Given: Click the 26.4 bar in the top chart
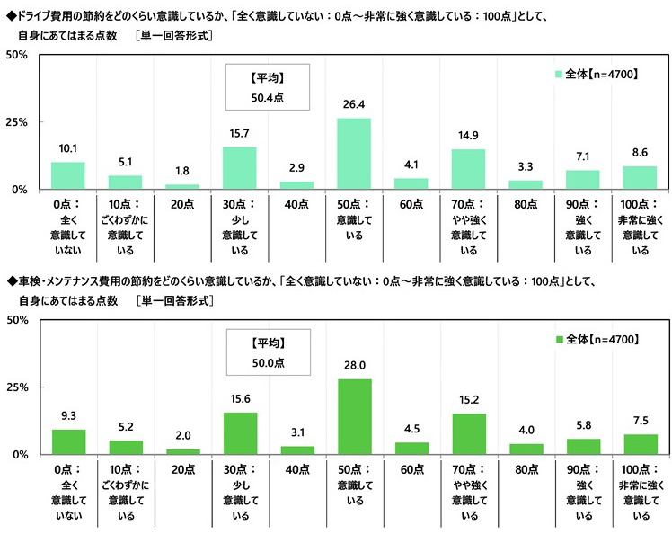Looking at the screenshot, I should pyautogui.click(x=353, y=154).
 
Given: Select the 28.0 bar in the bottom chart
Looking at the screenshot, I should pyautogui.click(x=353, y=417).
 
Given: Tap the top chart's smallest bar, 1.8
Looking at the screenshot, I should pyautogui.click(x=182, y=186).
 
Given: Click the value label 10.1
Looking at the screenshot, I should pyautogui.click(x=68, y=149).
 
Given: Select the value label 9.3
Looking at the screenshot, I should pyautogui.click(x=68, y=416).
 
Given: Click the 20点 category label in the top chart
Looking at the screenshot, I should pyautogui.click(x=182, y=205).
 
